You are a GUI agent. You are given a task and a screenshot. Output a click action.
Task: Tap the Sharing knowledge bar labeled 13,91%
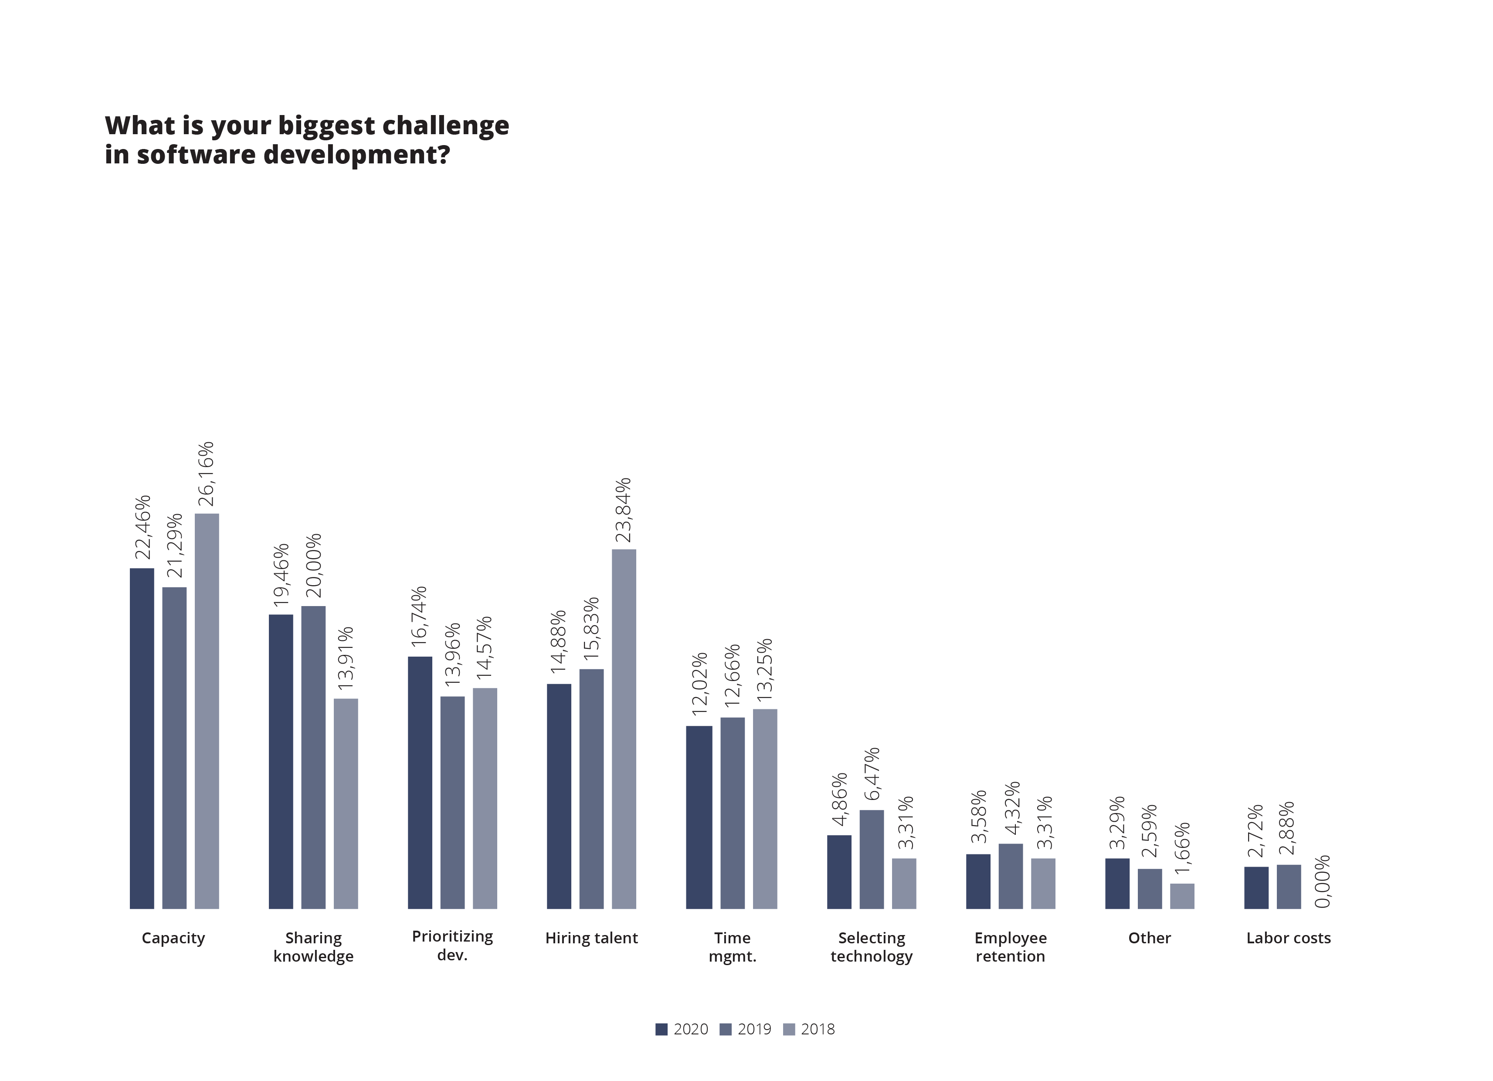(346, 803)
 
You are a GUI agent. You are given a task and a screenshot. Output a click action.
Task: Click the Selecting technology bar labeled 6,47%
(872, 859)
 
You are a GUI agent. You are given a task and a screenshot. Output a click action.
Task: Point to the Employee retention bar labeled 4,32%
(1011, 876)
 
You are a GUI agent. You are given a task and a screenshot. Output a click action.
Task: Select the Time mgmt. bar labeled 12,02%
(699, 817)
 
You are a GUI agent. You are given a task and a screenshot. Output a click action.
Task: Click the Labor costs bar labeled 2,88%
(1289, 886)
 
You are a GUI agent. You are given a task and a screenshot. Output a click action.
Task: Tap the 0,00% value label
(1322, 881)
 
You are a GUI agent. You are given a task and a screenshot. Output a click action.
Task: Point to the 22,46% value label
(143, 527)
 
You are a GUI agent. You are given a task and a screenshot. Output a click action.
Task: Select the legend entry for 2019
(746, 1029)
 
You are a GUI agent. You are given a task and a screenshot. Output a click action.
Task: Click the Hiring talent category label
(591, 938)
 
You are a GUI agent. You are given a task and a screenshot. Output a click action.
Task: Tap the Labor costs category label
(1288, 938)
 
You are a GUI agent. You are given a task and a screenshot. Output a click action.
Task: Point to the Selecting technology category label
(872, 947)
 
